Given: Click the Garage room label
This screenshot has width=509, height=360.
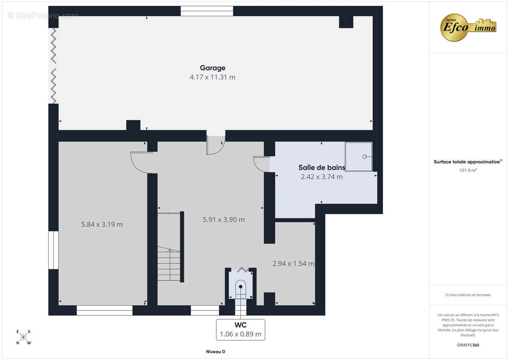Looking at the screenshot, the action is pos(212,68).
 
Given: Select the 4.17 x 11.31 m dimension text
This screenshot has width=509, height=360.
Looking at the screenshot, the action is pos(212,77).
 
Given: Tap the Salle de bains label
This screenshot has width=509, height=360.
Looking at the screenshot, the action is pos(322,167).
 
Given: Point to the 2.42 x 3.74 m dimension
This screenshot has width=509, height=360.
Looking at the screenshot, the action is pos(322,177).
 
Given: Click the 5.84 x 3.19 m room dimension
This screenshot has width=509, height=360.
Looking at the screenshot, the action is pos(102,224).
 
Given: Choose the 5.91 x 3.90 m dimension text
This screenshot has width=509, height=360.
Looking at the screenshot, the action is pos(224,220).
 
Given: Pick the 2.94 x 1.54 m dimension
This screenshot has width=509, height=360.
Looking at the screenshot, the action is pos(293,264).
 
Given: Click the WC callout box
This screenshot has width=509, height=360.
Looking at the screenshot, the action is pos(240,330).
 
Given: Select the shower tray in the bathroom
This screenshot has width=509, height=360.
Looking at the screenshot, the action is pos(359,157).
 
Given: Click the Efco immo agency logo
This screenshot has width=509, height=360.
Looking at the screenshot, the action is pos(468,27).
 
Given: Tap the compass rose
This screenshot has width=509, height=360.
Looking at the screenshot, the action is pos(23,337).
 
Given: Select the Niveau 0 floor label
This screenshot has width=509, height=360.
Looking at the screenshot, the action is pos(216,351).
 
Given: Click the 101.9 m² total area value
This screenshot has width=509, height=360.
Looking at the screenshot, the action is pos(468,170).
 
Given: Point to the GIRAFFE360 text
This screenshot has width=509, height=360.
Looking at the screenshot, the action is pos(468,345).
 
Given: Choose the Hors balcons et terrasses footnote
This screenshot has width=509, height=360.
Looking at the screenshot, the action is pos(468,295).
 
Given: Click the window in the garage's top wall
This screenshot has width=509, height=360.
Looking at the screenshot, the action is pos(207,11).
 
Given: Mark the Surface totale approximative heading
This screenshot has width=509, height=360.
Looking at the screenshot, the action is pos(468,162).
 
